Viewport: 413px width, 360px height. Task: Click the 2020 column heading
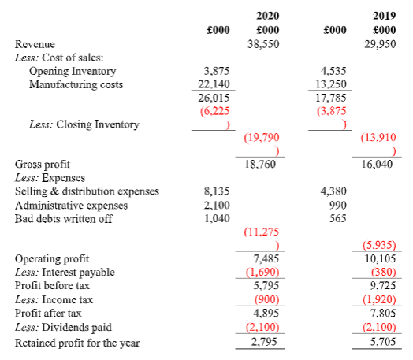point(268,16)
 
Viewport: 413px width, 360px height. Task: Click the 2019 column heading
point(385,16)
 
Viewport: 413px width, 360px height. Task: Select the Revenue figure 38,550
point(263,44)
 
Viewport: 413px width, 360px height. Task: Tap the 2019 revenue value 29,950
point(380,44)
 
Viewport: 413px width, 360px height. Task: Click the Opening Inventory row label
point(73,72)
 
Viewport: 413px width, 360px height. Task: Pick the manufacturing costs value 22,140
point(214,84)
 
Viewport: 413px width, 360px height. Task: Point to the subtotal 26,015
point(214,98)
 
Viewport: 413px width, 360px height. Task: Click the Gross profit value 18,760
point(260,164)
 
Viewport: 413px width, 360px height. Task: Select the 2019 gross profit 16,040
point(377,164)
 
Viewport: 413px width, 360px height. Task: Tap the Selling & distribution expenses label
point(87,191)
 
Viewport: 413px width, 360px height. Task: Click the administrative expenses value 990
point(338,205)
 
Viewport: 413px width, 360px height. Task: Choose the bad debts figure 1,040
point(217,218)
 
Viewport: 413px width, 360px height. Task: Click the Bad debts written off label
point(64,219)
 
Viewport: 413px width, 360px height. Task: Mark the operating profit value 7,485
point(266,258)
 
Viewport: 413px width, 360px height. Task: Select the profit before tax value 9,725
point(383,285)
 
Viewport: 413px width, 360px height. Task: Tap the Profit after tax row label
point(48,314)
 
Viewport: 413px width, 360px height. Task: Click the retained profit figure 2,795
point(264,342)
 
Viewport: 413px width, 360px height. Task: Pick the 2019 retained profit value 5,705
point(383,342)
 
